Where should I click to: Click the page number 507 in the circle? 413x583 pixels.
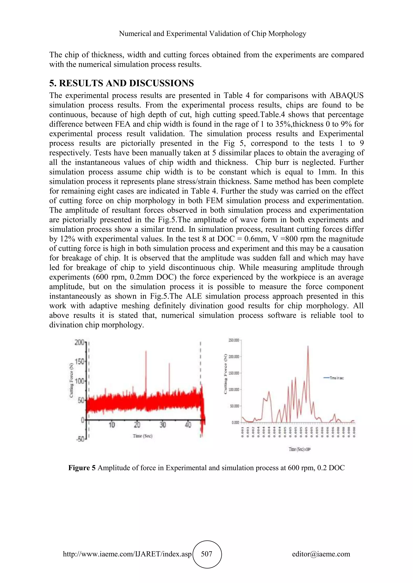pos(206,554)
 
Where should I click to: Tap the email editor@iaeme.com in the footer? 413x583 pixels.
pos(321,554)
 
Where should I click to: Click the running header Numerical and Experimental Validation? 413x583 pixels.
pos(212,33)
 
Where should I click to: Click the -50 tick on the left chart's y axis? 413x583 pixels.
pos(80,439)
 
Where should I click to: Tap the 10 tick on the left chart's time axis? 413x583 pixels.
pos(112,425)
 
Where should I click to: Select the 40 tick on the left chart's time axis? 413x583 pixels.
pos(188,425)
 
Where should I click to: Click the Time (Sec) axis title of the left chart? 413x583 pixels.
pos(142,436)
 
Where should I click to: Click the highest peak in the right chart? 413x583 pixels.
pos(308,346)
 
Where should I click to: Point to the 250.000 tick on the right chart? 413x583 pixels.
pos(234,340)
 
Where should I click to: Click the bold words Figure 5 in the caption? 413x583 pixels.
pos(82,468)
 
